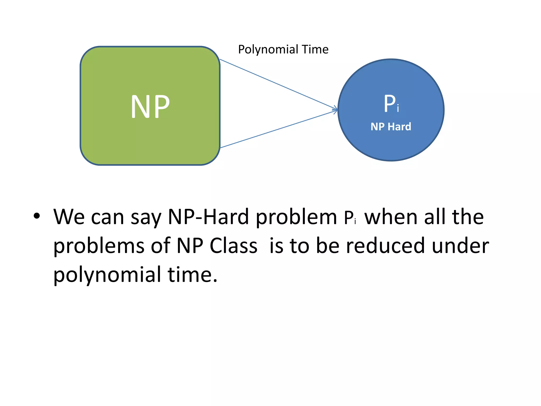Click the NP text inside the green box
(x=150, y=107)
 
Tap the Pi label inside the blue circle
(x=391, y=104)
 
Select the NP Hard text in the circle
(x=391, y=127)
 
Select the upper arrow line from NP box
(x=277, y=84)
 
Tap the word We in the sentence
(x=69, y=217)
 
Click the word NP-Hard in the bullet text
(x=208, y=217)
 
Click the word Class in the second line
(x=234, y=246)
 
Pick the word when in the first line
(x=391, y=217)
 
